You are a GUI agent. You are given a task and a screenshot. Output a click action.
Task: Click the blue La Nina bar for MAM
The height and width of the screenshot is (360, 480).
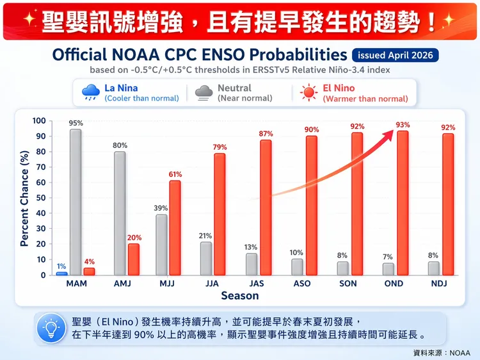[61, 273]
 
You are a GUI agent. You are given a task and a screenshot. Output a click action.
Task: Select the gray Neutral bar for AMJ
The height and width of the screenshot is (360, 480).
[120, 213]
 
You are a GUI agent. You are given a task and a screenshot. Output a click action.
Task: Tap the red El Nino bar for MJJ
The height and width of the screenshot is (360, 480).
[175, 228]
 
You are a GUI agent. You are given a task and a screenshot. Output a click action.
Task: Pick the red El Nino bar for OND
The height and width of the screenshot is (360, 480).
[403, 203]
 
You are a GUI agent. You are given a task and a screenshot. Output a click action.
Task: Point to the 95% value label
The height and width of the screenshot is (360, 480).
[76, 123]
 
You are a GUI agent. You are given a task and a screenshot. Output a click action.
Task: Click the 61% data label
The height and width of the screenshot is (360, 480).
[175, 174]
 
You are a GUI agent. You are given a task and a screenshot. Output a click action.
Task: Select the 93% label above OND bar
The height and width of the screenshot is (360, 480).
[403, 125]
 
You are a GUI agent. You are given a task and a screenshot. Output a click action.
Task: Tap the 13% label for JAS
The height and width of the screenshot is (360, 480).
[251, 247]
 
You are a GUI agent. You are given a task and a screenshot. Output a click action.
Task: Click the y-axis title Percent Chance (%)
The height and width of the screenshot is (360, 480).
[24, 198]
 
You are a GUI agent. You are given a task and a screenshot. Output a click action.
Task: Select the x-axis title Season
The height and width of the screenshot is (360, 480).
[240, 296]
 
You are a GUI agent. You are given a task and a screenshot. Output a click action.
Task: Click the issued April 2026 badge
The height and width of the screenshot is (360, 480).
[395, 55]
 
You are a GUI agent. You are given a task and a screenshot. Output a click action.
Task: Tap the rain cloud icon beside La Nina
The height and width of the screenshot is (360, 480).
[90, 94]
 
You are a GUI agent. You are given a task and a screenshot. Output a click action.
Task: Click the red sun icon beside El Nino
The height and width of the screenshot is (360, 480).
[309, 94]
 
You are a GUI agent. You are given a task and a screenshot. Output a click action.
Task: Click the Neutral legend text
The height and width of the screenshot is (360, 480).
[234, 88]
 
